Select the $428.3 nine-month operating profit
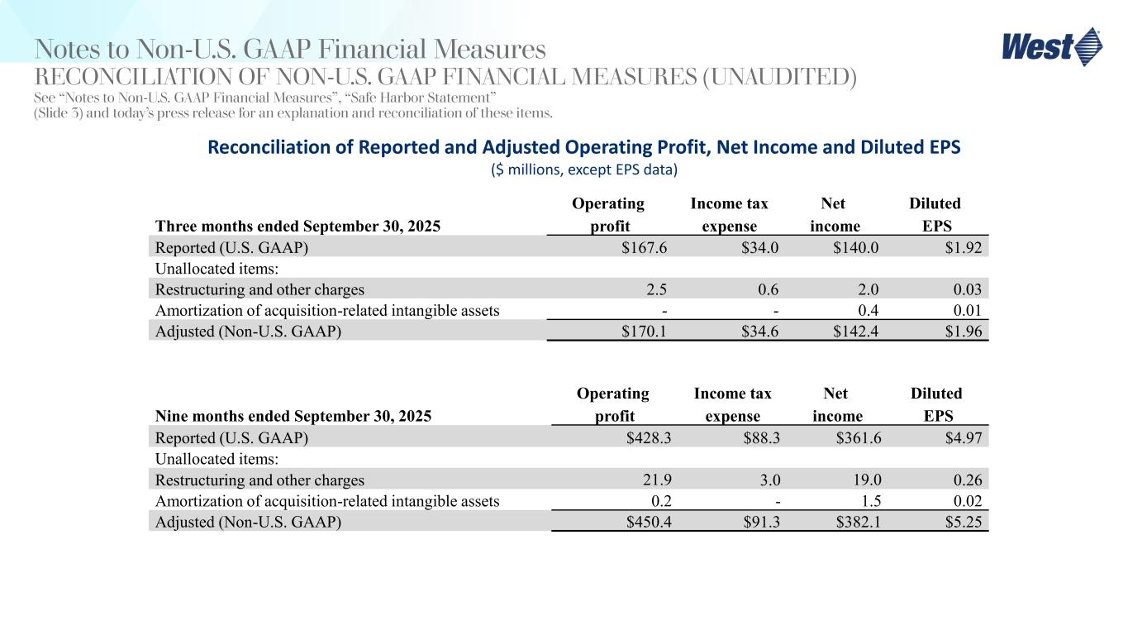point(649,437)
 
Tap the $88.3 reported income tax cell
point(758,437)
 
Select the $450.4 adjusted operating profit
point(649,523)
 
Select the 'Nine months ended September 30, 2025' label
point(293,417)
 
